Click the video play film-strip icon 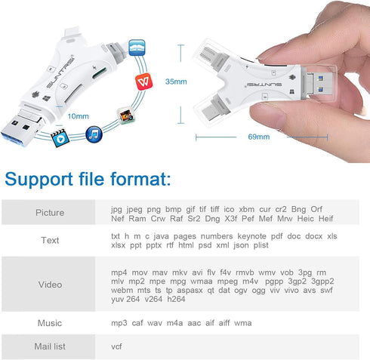(59, 138)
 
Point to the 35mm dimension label (175, 81)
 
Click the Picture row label (50, 212)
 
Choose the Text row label (50, 241)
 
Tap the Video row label (50, 285)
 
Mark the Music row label (50, 323)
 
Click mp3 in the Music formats (119, 323)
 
